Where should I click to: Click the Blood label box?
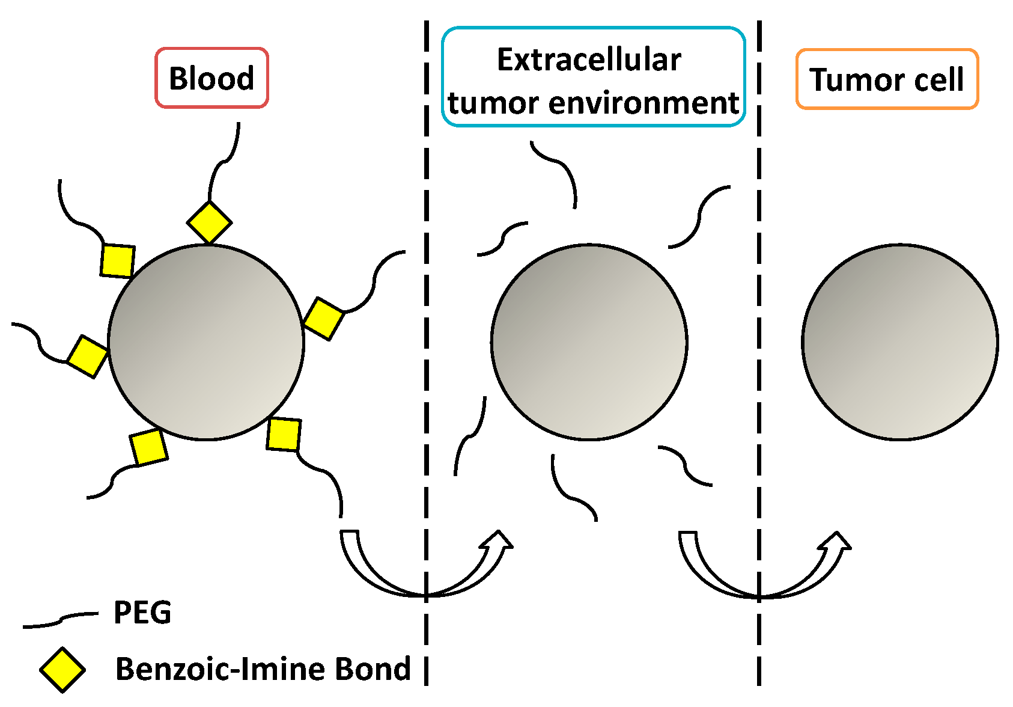[211, 78]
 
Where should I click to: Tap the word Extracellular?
[589, 60]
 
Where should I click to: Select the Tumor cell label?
[887, 79]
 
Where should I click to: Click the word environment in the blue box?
[643, 103]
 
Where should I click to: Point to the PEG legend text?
[142, 613]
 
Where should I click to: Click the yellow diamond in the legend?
[62, 669]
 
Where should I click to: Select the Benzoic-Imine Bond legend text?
[263, 669]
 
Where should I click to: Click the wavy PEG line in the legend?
[60, 620]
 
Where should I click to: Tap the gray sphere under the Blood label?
[206, 342]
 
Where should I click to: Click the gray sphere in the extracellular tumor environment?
[589, 342]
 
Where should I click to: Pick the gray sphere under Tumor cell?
[899, 342]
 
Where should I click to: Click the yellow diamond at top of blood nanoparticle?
[209, 222]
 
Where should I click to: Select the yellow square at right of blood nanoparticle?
[324, 319]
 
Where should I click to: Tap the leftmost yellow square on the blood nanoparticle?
[88, 357]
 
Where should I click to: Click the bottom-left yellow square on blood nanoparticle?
[149, 447]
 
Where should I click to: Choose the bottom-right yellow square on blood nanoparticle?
[284, 434]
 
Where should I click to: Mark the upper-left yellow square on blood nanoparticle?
[117, 260]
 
